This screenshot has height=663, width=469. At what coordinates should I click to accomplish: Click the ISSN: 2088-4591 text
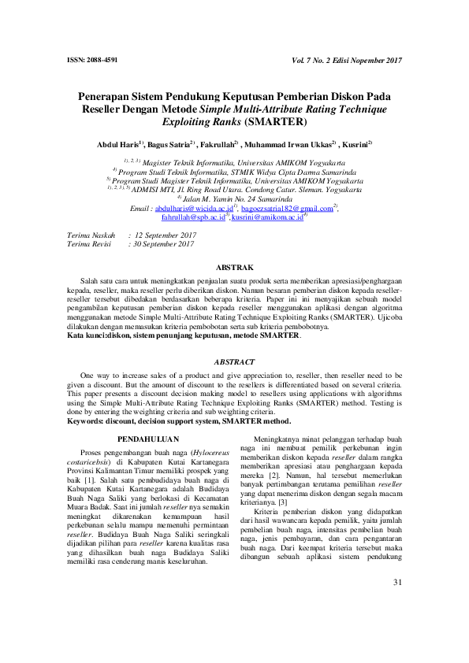coord(93,61)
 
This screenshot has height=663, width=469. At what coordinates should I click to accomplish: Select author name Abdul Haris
coord(116,145)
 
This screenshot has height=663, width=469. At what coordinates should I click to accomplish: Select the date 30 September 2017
coord(165,244)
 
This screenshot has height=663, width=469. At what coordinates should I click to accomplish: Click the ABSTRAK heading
coord(234,268)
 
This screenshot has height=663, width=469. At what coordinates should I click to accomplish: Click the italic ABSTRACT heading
coord(234,361)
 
